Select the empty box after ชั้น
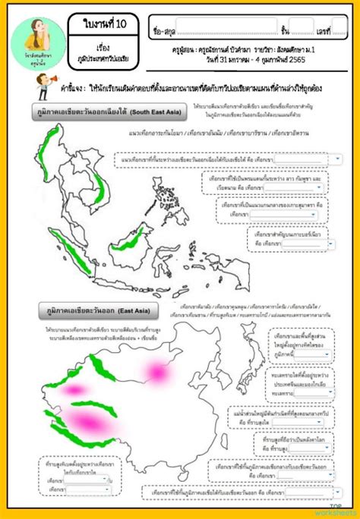coord(301,30)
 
